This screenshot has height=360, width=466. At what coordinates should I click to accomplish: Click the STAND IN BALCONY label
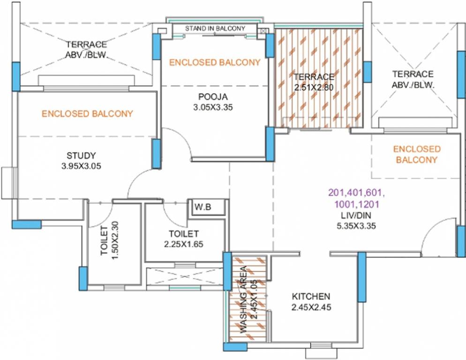click(215, 29)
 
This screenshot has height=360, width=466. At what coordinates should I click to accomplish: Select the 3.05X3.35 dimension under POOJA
click(212, 107)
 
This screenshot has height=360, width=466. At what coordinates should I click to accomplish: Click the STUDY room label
click(81, 156)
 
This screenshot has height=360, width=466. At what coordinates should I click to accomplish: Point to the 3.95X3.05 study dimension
click(81, 165)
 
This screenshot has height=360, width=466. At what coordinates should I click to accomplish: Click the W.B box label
click(203, 207)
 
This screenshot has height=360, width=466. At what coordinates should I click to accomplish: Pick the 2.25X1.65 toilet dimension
click(184, 244)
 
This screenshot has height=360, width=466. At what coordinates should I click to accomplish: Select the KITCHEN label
click(311, 297)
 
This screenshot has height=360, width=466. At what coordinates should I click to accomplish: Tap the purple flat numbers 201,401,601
click(353, 193)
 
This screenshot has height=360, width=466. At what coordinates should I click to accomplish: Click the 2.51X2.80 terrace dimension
click(314, 87)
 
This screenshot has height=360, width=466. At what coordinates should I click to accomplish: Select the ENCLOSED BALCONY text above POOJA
click(215, 62)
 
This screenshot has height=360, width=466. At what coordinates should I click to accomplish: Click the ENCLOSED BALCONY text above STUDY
click(87, 113)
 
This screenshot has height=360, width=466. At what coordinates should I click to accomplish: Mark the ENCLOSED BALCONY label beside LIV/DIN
click(417, 154)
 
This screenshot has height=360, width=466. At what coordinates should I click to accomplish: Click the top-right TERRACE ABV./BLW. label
click(413, 79)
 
